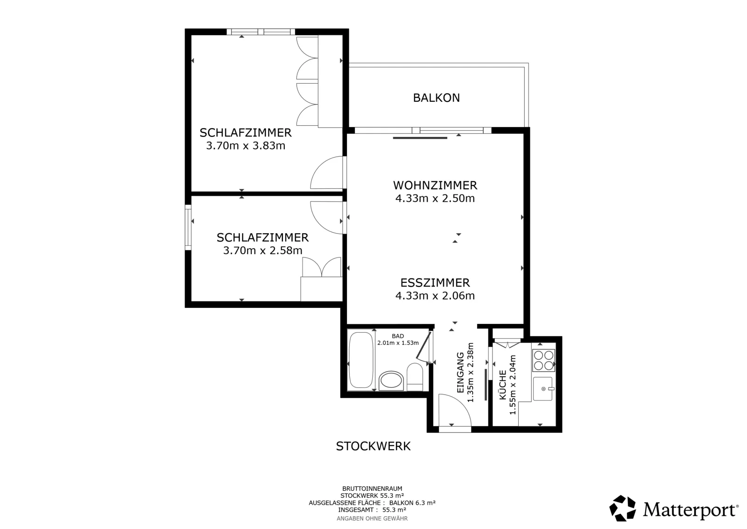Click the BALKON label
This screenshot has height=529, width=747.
[x=436, y=98]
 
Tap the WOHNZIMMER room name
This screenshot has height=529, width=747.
[x=435, y=185]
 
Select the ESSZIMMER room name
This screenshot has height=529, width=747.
[x=435, y=283]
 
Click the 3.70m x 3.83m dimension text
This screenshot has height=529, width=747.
[x=246, y=146]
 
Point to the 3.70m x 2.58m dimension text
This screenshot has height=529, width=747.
[x=262, y=250]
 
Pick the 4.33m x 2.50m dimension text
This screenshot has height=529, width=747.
[x=435, y=198]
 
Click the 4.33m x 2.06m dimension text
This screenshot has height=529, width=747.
[x=435, y=296]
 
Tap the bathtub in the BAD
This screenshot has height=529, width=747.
[x=361, y=360]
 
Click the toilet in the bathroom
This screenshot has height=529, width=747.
[x=415, y=377]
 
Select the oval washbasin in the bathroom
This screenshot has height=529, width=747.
[x=391, y=380]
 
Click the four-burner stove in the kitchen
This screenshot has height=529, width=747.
[x=543, y=360]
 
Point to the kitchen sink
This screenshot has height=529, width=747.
[x=543, y=389]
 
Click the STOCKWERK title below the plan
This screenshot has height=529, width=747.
[x=373, y=446]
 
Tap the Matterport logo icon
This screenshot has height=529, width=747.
[x=622, y=508]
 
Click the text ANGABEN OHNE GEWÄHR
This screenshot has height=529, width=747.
[x=372, y=518]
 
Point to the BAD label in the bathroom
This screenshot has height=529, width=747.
[x=398, y=336]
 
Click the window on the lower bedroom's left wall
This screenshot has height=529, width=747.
[x=188, y=227]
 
